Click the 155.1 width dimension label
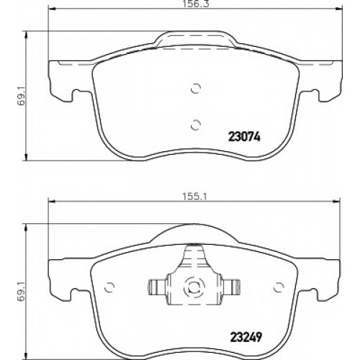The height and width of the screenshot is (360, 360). [194, 197]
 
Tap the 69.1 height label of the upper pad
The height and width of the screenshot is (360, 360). [22, 96]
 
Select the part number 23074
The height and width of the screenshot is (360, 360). [245, 138]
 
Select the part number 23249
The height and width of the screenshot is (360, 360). [246, 337]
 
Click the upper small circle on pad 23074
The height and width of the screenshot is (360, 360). [196, 89]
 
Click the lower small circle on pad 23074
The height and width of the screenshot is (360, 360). [196, 125]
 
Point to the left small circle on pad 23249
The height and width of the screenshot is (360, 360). [109, 287]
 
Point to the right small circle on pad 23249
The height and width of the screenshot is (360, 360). [279, 287]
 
